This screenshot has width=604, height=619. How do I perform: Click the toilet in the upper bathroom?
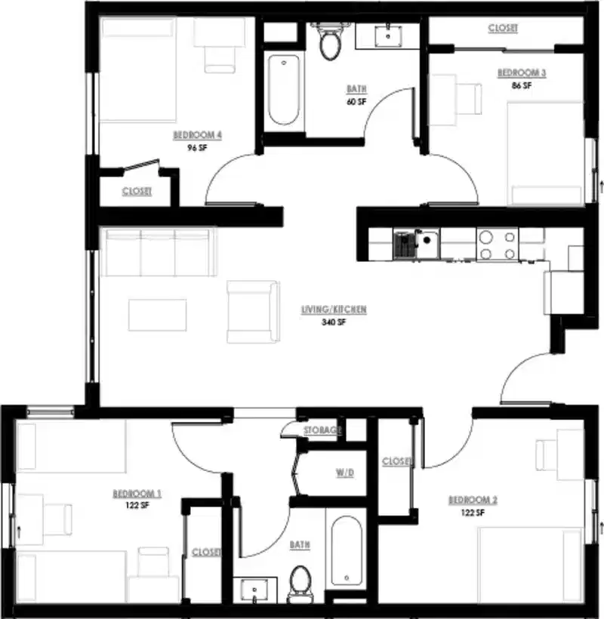(330, 44)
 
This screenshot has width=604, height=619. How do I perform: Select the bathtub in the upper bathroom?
(283, 89)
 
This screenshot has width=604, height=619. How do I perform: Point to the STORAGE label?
(322, 430)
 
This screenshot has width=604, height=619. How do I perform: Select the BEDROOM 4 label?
(197, 136)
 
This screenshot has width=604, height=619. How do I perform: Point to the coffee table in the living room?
(157, 315)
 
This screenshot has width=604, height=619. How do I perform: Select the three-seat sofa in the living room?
(157, 252)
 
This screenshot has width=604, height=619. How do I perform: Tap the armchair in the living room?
(251, 312)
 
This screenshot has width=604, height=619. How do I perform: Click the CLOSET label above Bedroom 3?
(503, 28)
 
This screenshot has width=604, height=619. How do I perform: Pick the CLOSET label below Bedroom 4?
(137, 192)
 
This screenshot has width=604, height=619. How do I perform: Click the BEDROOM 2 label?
(473, 500)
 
